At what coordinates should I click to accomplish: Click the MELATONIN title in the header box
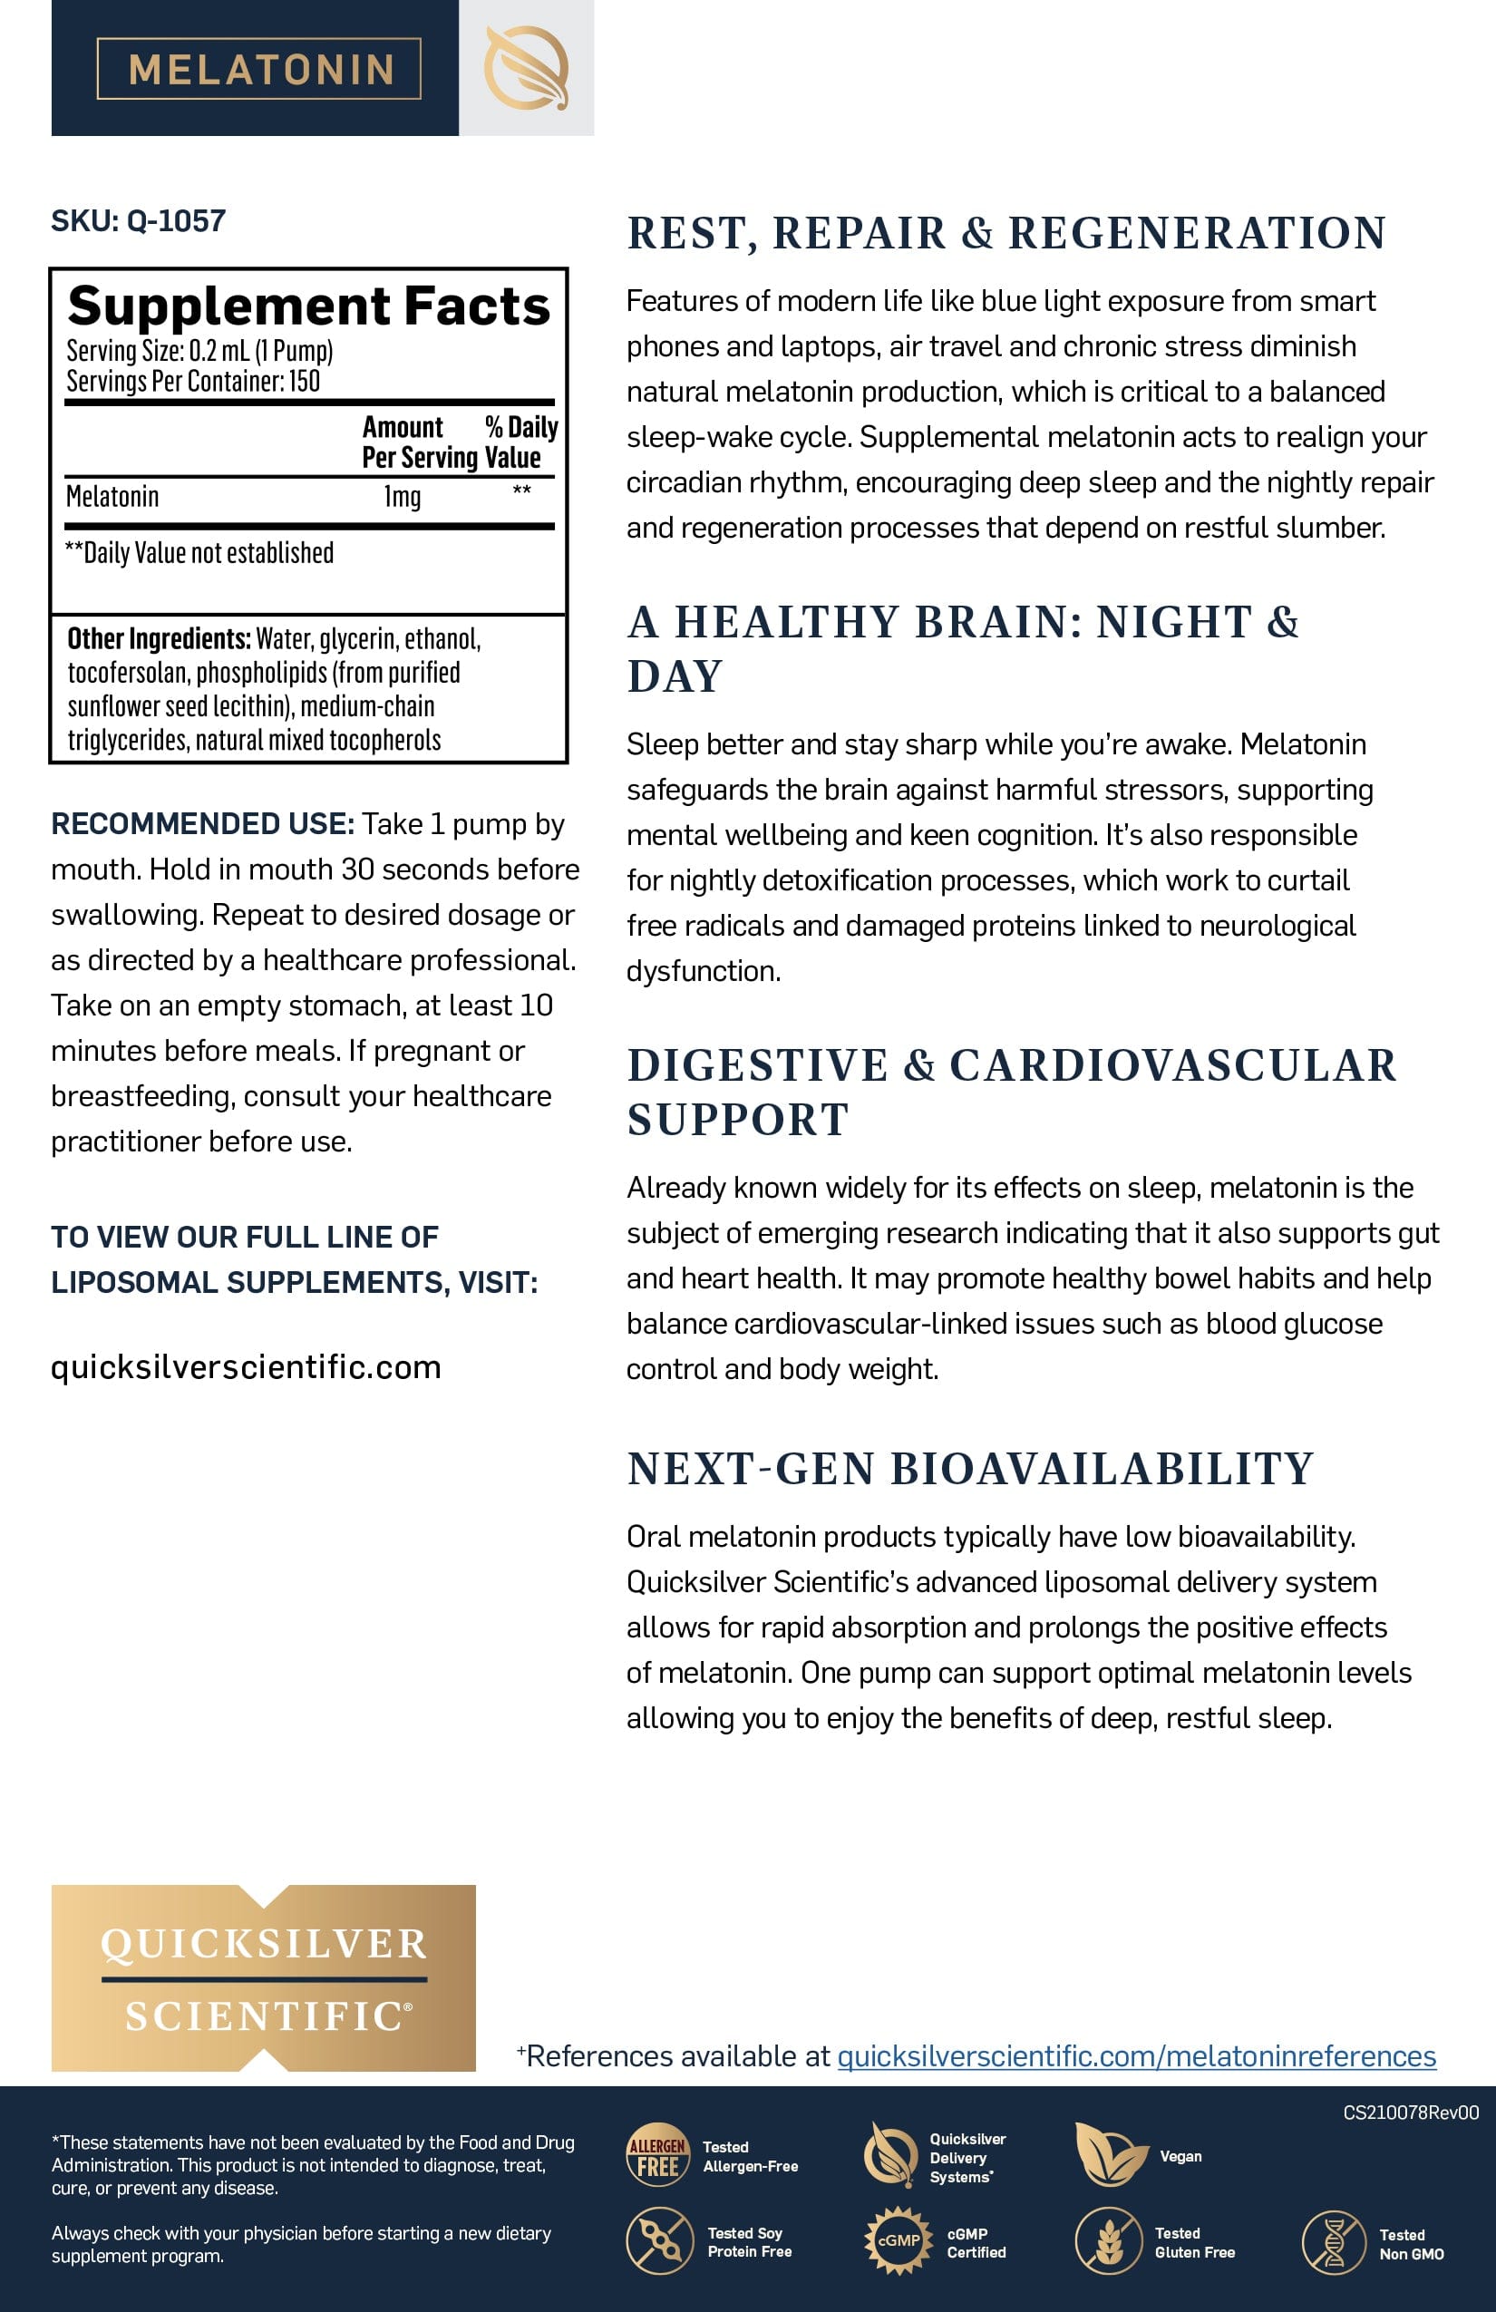259,69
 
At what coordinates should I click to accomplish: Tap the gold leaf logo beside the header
526,68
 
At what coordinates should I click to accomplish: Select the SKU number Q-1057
176,221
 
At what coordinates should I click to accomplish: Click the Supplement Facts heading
308,306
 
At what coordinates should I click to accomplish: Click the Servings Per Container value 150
304,381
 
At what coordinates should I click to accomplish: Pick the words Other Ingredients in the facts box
159,639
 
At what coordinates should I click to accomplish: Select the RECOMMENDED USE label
202,824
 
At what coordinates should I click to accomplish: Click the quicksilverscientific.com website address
246,1367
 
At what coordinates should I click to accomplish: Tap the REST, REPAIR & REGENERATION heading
1006,233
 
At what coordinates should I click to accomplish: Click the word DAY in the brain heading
675,676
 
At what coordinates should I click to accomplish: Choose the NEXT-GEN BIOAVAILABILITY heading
970,1469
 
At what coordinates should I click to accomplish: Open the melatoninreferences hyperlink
1135,2055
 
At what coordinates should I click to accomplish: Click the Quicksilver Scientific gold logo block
263,1977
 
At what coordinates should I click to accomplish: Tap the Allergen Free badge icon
657,2154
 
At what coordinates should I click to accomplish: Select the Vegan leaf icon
1110,2154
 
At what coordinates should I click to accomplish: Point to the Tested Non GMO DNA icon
1335,2242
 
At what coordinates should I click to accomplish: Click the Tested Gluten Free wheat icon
1107,2241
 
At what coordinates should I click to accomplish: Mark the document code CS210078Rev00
1411,2112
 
